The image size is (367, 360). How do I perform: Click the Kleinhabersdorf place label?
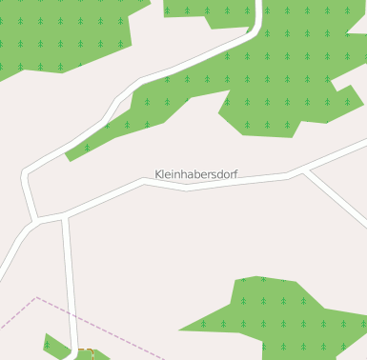click(196, 175)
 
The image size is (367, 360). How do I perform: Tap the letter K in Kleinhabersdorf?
click(158, 175)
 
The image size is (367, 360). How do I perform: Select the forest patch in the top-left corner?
click(57, 33)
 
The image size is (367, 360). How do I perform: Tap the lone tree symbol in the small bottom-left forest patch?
click(48, 344)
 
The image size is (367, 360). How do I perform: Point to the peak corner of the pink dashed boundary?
click(36, 297)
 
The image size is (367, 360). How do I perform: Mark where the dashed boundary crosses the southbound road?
click(71, 313)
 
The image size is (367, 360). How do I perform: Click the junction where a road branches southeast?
click(306, 170)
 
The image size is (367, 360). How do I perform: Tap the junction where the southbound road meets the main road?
click(65, 216)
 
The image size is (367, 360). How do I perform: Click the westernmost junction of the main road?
click(34, 221)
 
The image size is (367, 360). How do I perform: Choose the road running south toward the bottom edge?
click(69, 276)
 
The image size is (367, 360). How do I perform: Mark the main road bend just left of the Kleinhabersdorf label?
click(143, 182)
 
